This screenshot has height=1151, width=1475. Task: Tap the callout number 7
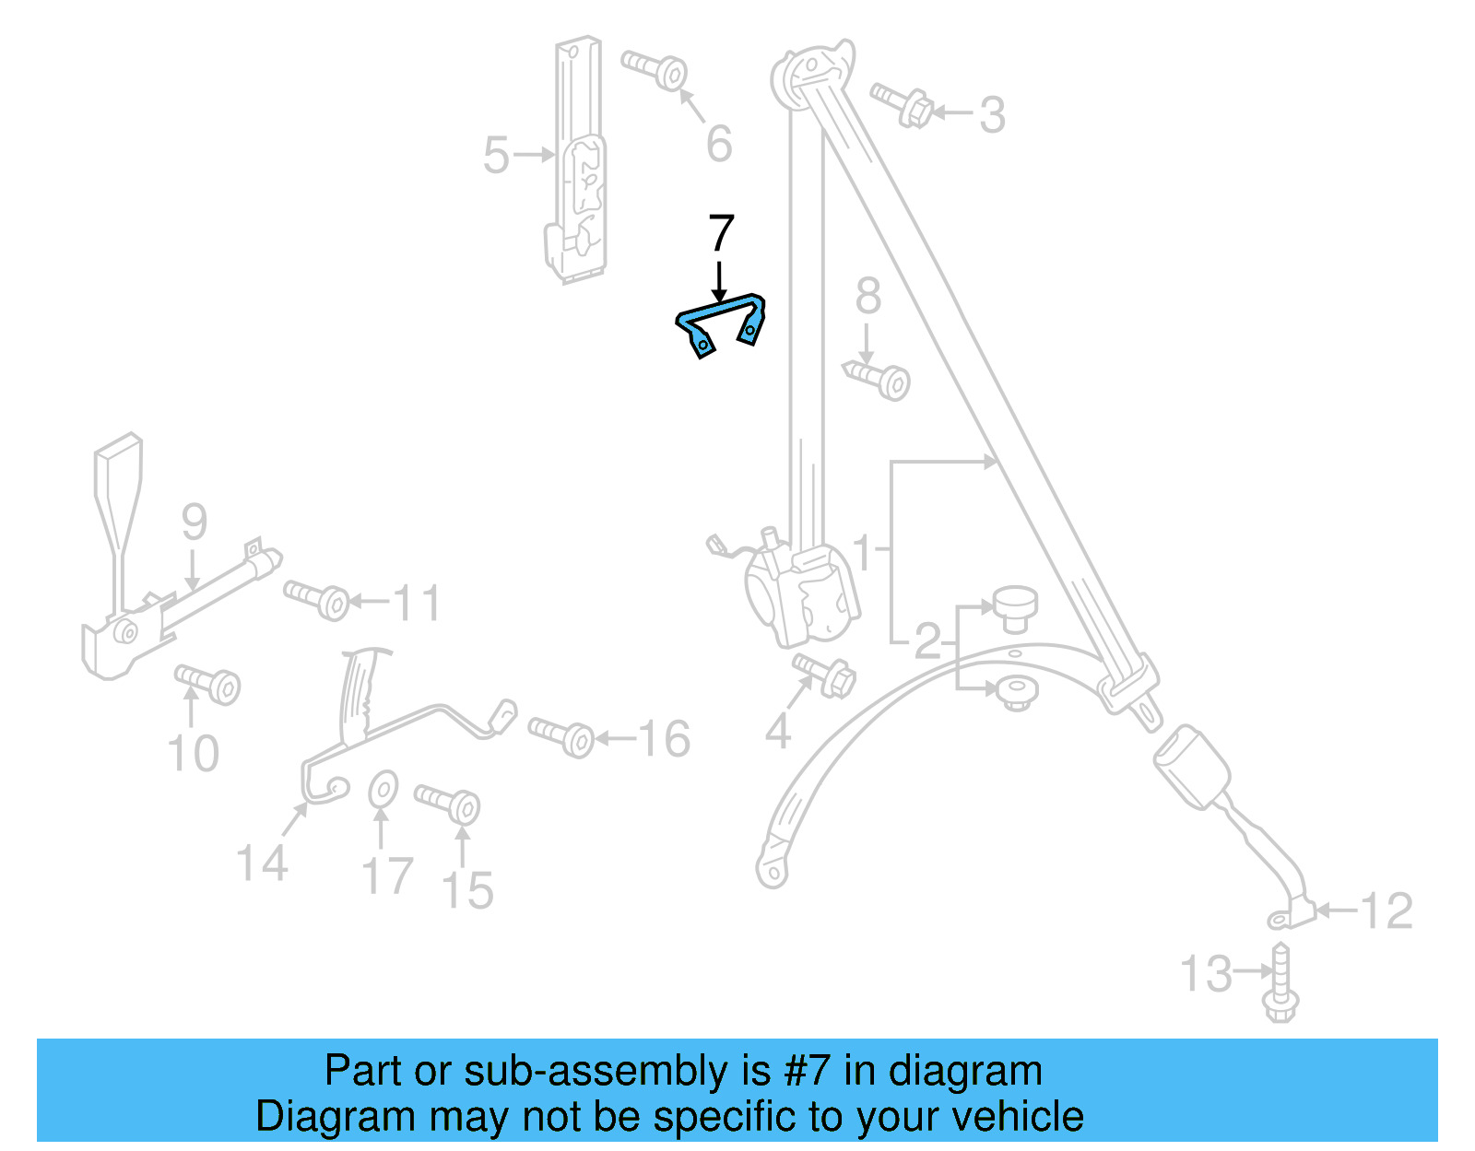click(x=721, y=234)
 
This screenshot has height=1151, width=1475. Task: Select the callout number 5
click(x=496, y=155)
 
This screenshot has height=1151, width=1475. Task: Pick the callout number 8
click(x=867, y=297)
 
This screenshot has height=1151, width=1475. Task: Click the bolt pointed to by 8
click(x=879, y=378)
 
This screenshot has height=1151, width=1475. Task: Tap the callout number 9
click(x=194, y=522)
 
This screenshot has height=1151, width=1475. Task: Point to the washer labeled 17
click(x=383, y=790)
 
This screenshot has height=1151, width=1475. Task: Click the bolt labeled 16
click(x=561, y=736)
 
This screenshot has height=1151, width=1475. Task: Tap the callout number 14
click(x=262, y=864)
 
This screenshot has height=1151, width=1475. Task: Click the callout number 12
click(x=1386, y=911)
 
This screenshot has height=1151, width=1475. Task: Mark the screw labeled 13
click(x=1280, y=983)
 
